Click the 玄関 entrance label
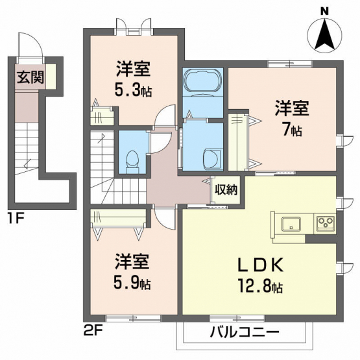tap(30, 77)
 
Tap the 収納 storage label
tap(226, 189)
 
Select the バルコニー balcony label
tap(245, 332)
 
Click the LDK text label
tap(260, 266)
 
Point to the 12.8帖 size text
tap(260, 286)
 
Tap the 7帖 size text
tap(292, 130)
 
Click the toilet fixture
tap(132, 161)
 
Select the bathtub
tap(203, 82)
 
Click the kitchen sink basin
tap(291, 224)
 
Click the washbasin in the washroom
tap(213, 159)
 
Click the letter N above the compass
tap(324, 12)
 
